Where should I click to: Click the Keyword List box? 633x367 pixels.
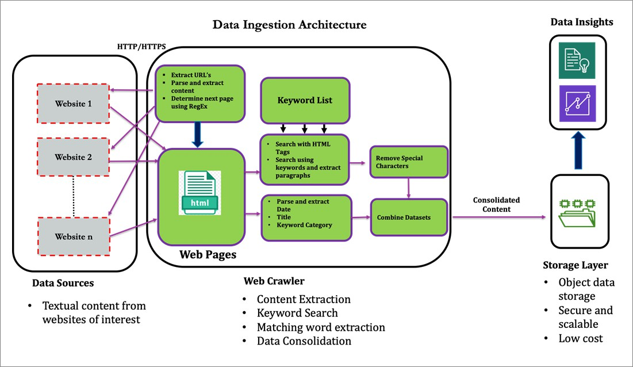tap(305, 100)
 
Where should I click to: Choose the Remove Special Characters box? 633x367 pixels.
tap(408, 162)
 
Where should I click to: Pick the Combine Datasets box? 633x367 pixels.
tap(408, 217)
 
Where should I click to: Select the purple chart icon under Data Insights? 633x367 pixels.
tap(578, 103)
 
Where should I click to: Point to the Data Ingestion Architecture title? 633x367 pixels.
tap(289, 25)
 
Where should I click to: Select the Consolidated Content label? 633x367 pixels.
tap(496, 205)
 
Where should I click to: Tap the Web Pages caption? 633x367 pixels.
tap(208, 254)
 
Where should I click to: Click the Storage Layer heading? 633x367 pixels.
tap(576, 265)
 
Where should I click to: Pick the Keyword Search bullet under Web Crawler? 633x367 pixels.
tap(297, 313)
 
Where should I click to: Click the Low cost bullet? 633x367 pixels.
tap(581, 338)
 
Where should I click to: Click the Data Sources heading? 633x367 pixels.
tap(63, 283)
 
